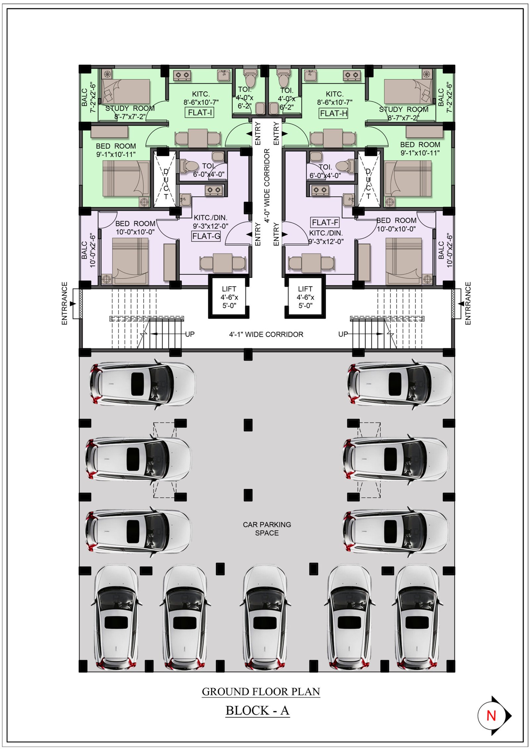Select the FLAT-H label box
pos(333,114)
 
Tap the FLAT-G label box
pos(206,236)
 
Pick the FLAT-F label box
pos(325,222)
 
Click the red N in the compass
pos(491,716)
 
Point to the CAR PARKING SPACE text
pos(267,529)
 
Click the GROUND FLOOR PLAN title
pos(261,691)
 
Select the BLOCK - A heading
pos(257,710)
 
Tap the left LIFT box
pos(229,297)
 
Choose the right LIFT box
pos(305,297)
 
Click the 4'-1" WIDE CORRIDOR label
pos(266,334)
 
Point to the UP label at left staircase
pos(190,334)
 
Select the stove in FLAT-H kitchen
pos(352,75)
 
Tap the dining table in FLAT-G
pos(223,263)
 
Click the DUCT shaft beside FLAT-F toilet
pos(368,179)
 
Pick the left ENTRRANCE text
pos(65,303)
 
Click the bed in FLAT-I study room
pos(126,91)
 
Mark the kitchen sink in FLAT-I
pos(224,75)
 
